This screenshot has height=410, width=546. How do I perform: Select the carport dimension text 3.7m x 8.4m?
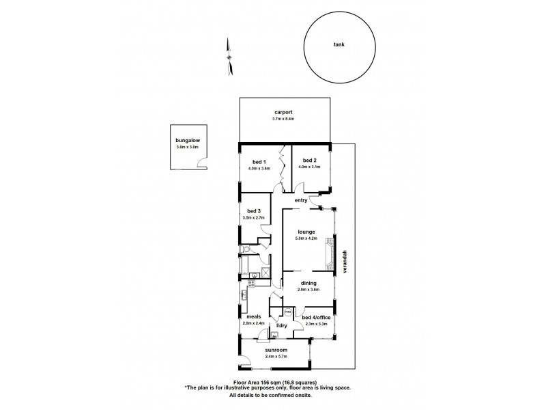tap(284, 119)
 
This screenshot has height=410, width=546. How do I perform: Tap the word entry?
tap(300, 200)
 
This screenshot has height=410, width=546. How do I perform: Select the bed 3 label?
tap(253, 211)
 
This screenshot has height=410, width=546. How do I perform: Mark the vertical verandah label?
tap(345, 260)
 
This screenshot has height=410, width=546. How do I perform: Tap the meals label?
tap(253, 316)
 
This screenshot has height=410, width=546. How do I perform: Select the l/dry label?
tap(281, 325)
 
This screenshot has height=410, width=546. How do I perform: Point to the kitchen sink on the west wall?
tap(243, 295)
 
